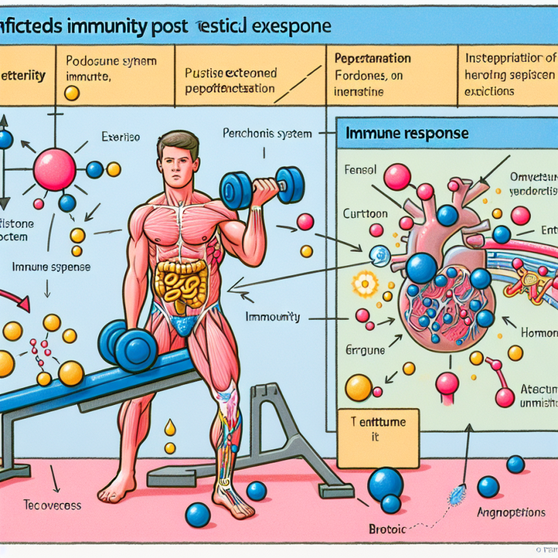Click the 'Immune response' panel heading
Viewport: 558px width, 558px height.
[407, 134]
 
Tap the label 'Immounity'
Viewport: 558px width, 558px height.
[273, 317]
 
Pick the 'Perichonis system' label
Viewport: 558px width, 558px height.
[267, 134]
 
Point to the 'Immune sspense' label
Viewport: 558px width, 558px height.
[51, 267]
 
